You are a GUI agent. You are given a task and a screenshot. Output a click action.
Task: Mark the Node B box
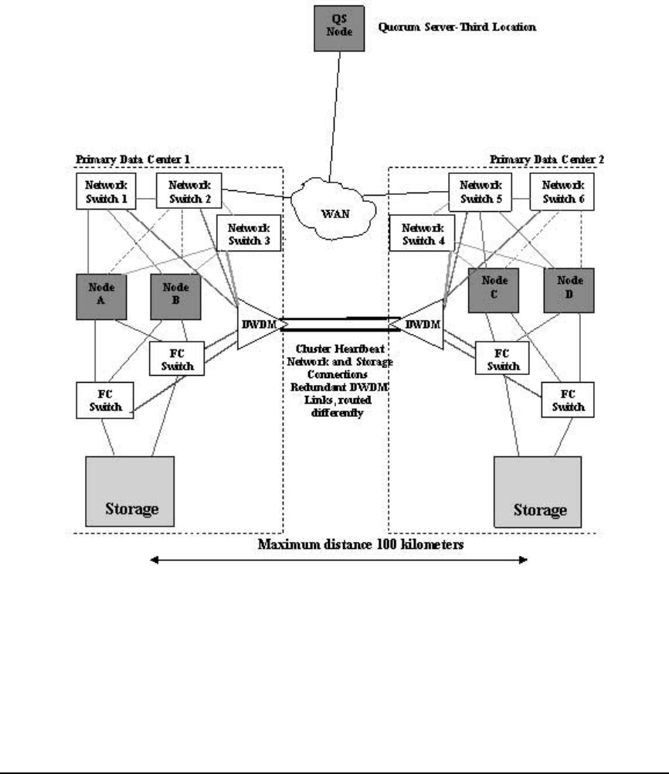click(175, 294)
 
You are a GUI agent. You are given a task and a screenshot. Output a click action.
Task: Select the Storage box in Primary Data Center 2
click(537, 489)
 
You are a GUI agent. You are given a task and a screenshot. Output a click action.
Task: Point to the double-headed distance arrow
click(338, 561)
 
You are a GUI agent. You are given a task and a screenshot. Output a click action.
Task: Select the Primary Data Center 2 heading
click(547, 159)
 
